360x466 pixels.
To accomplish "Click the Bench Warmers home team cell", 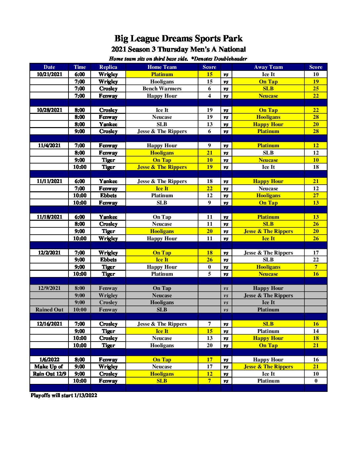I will (x=162, y=89).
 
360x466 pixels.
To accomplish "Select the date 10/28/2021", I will (x=49, y=110).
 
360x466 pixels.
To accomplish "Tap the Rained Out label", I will (x=49, y=310).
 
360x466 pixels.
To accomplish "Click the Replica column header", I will (x=108, y=67).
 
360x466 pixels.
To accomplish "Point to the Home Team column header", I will (x=162, y=67).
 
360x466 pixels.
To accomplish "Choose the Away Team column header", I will (x=268, y=67).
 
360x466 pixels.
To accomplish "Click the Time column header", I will (x=80, y=67).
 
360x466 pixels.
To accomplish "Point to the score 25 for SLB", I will (x=316, y=89).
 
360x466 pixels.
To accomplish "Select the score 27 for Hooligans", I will (x=316, y=196).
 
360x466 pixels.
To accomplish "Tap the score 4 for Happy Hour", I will (x=209, y=96).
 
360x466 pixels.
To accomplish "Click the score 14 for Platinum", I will (x=316, y=331).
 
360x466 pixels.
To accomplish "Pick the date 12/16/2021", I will (x=49, y=324).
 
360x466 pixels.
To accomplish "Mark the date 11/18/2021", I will (x=49, y=217).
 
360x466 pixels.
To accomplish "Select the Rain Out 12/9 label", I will (x=49, y=374).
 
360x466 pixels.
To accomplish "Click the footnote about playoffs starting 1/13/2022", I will (x=64, y=396).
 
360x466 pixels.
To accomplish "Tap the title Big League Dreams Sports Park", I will (x=178, y=39).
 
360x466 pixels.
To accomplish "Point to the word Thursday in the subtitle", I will (x=173, y=50).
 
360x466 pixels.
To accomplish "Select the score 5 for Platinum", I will (x=209, y=274).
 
